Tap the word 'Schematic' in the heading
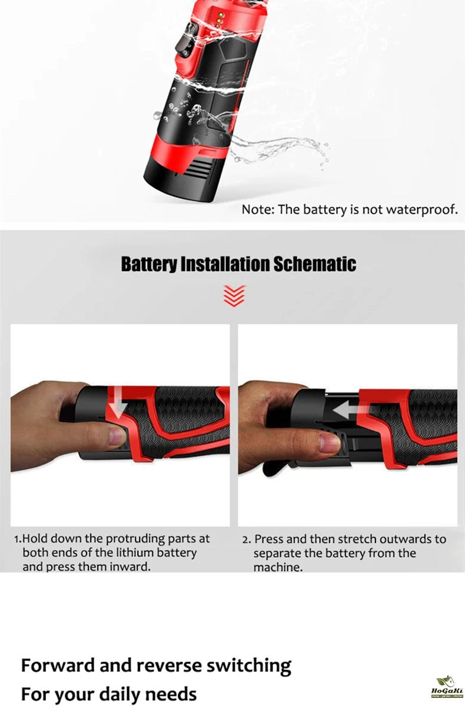[x=315, y=264]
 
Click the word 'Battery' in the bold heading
[x=149, y=264]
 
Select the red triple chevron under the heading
[x=234, y=296]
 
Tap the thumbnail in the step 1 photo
[x=117, y=436]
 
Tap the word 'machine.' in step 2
[x=278, y=567]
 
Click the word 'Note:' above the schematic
[x=258, y=209]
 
